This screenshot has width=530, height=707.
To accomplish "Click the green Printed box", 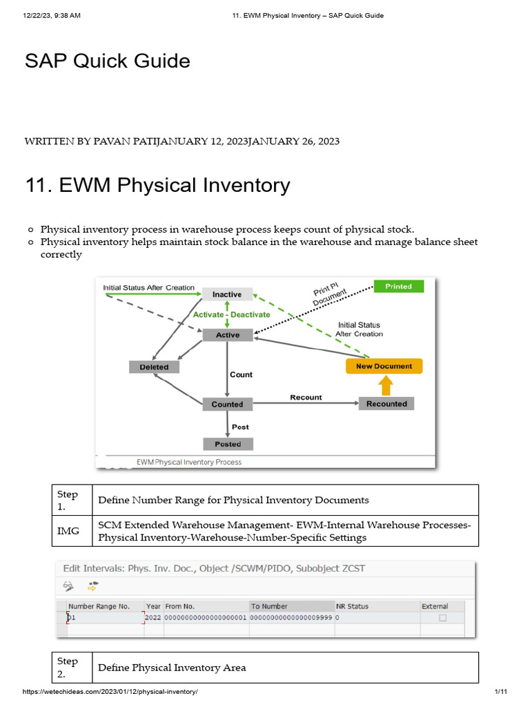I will coord(398,287).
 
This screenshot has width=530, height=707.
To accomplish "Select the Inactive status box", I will coord(227,294).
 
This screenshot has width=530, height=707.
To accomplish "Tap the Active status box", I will coord(227,335).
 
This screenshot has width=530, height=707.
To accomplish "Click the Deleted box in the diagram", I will coord(154,367).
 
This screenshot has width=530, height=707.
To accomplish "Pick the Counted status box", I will coord(227,404).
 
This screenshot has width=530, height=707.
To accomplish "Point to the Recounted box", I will coord(386,404).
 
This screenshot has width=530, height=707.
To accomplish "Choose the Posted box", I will coord(227,444).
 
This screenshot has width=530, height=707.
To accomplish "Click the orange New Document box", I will coord(384,366).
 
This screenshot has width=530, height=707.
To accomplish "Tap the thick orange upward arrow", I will coord(386,384).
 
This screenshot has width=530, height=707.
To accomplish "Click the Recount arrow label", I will coord(306,397).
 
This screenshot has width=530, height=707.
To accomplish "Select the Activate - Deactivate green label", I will coord(231,314).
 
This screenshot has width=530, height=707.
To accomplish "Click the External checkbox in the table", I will coord(442,618).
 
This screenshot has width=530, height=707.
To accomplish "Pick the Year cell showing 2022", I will coord(153,618).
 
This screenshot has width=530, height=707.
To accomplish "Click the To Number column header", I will coord(269,606).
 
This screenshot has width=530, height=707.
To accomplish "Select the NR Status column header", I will coord(352,606).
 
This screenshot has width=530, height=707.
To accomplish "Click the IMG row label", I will coord(68,531).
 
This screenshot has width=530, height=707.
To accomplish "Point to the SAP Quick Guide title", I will coord(108,61).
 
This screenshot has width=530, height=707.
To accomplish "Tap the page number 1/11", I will coord(500,692).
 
